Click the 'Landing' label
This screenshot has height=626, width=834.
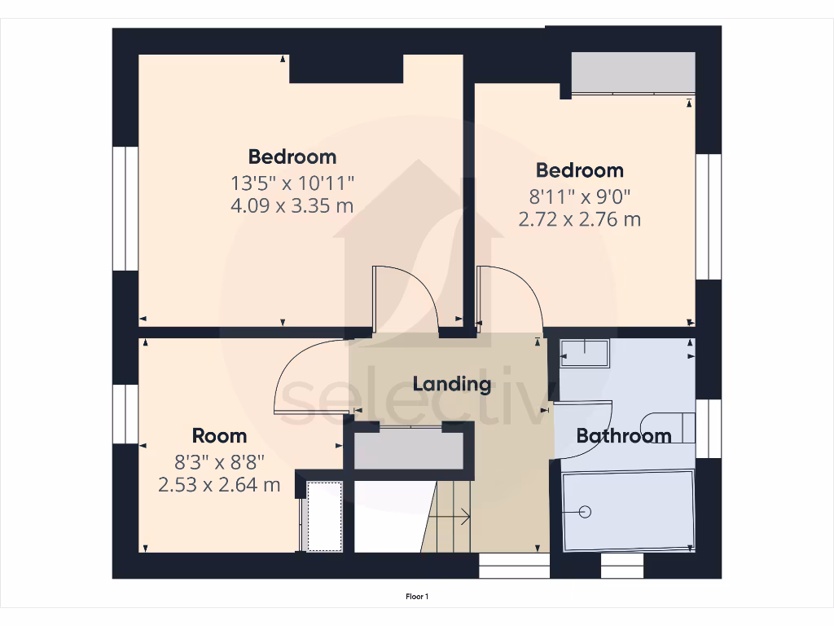point(451,384)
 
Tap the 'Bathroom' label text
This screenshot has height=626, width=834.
point(623,436)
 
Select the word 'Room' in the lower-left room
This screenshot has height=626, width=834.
point(219,435)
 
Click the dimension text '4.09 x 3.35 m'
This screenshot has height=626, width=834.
point(292,205)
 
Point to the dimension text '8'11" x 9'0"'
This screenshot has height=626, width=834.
point(579,196)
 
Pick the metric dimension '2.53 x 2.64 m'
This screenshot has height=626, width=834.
point(219,485)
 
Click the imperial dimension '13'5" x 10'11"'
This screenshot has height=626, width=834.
point(292,181)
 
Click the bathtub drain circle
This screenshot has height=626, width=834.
point(584,511)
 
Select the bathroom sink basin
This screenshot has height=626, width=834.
point(585,353)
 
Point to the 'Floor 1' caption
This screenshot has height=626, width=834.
point(417,597)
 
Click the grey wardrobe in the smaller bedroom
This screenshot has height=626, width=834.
point(633,73)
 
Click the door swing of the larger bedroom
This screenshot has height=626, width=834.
point(407,298)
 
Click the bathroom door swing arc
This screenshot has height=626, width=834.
point(583,405)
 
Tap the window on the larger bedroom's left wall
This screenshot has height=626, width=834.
point(125,208)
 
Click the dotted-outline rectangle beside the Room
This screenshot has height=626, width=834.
point(325,516)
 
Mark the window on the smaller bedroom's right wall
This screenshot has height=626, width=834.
point(709,216)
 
